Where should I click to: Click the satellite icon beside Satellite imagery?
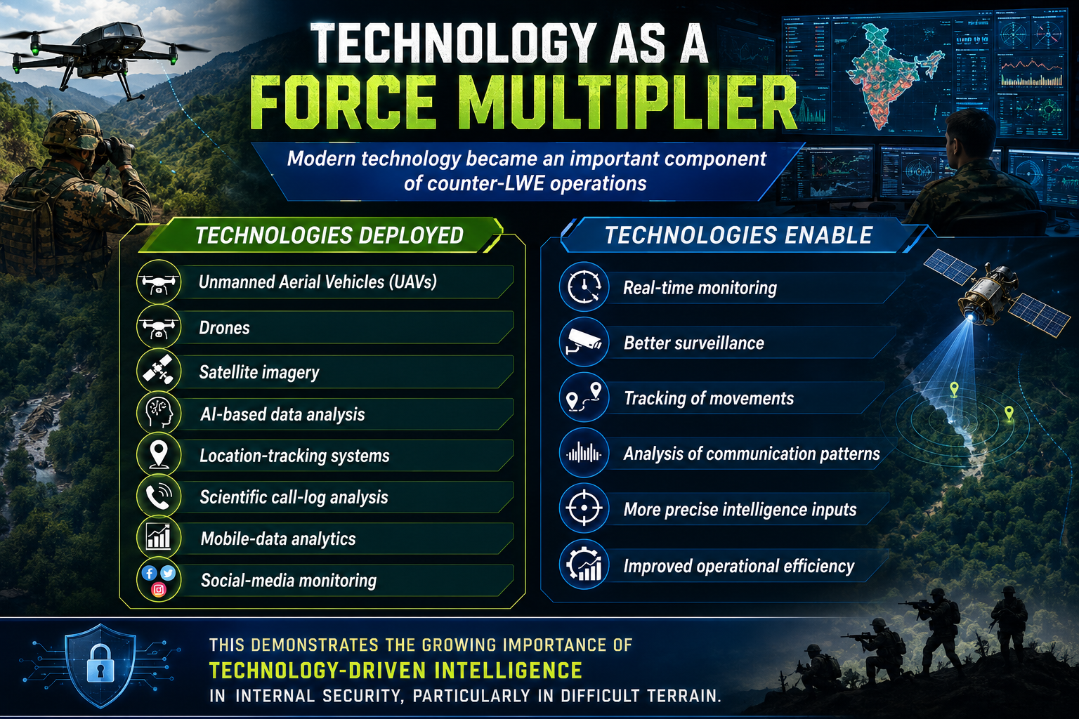[x=159, y=371]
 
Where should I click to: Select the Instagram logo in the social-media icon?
[x=159, y=590]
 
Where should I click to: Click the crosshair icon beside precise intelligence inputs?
[x=584, y=508]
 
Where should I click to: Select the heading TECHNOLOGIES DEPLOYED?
[x=329, y=235]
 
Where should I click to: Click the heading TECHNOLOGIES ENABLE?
[x=738, y=235]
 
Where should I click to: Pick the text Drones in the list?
[x=225, y=328]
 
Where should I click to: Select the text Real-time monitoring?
[x=700, y=288]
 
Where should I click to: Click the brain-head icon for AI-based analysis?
[x=159, y=412]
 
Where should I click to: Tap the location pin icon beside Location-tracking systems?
[x=159, y=454]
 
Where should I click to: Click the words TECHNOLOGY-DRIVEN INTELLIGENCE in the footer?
[x=395, y=671]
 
